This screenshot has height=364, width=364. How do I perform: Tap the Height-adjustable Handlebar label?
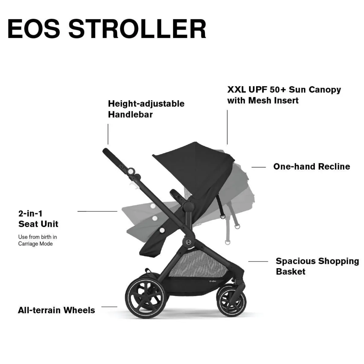[x=146, y=109]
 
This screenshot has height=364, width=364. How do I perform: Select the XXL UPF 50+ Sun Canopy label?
[x=284, y=95]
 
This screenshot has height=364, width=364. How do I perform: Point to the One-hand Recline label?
[x=311, y=166]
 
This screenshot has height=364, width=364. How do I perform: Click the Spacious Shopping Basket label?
[x=317, y=266]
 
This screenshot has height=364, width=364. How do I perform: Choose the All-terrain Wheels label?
[x=56, y=310]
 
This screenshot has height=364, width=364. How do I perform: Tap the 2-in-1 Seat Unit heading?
[x=38, y=218]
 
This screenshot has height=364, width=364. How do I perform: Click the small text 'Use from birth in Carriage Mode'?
[x=37, y=240]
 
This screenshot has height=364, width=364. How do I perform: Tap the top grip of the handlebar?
[x=112, y=157]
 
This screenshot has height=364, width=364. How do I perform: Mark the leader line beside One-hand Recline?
[x=258, y=167]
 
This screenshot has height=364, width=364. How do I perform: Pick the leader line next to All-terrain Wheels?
[x=109, y=306]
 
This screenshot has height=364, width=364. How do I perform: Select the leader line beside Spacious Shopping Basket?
[x=258, y=262]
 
